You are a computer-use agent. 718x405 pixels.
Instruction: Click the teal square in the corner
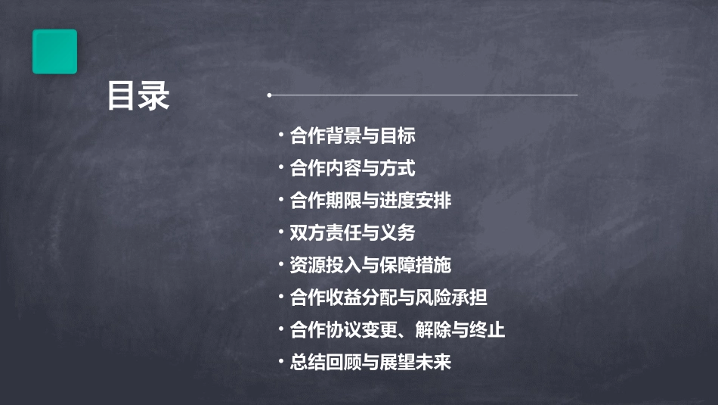(54, 51)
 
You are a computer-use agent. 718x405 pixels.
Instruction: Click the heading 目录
(138, 97)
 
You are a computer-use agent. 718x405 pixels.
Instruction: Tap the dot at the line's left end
(269, 95)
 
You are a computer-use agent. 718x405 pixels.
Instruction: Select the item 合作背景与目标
(352, 136)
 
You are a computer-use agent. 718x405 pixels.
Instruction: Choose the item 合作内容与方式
(352, 168)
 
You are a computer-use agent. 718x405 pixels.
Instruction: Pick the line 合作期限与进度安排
(370, 201)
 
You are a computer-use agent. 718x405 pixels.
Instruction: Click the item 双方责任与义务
(352, 233)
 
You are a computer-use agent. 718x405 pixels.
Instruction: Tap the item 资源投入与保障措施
(370, 265)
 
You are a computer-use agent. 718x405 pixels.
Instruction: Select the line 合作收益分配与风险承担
(388, 298)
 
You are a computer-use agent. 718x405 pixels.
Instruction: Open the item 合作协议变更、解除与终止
(398, 330)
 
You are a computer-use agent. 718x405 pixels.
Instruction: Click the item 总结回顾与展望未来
(370, 362)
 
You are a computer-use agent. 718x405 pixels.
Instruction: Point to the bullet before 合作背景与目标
(281, 136)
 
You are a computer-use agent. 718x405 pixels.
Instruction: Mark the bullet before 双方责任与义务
(281, 233)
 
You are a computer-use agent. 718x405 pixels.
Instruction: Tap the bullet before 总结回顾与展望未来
(281, 362)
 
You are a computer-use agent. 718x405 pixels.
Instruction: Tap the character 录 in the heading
(154, 97)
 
